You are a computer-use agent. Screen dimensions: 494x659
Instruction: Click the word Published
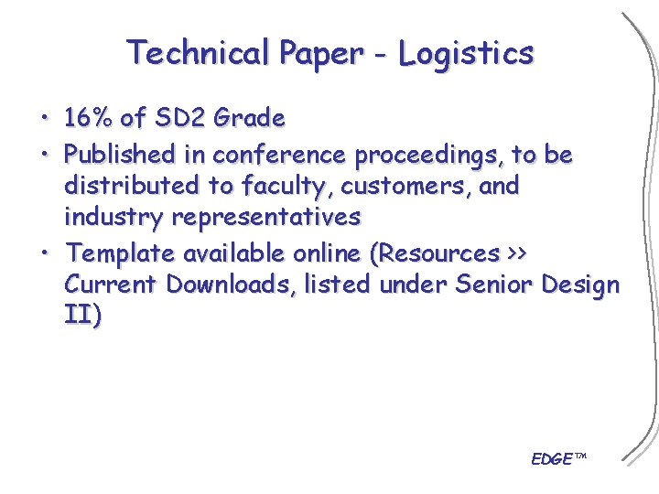123,155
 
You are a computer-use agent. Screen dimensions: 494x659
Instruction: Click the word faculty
284,187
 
